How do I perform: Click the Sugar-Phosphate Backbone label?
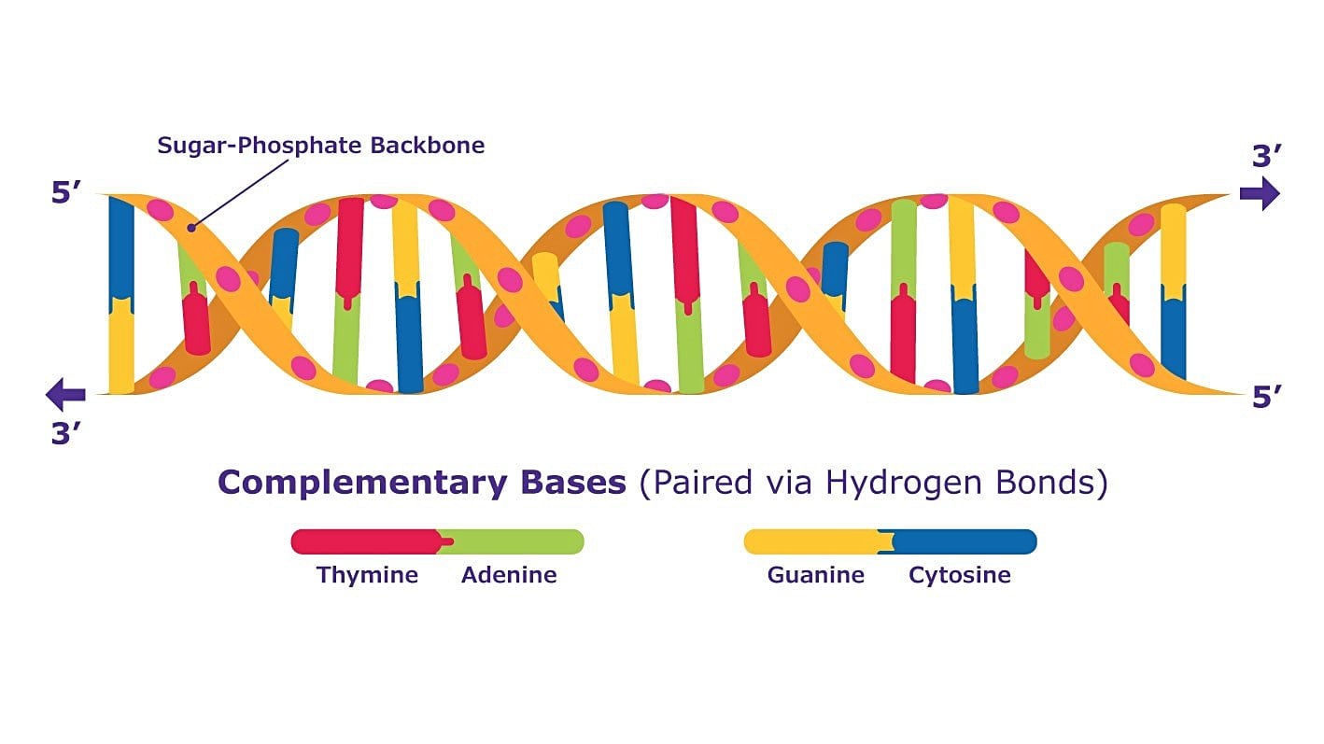321,146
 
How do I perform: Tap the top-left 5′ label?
65,192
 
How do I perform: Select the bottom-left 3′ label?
65,433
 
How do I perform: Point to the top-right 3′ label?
1267,156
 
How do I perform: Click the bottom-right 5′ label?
1267,397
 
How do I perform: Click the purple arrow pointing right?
1260,193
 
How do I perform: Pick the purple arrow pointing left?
65,394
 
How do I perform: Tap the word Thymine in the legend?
367,575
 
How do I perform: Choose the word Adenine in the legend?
509,575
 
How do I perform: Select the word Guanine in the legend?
816,575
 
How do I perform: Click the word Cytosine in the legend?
959,575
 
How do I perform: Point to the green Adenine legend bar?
513,541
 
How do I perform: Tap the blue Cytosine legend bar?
961,541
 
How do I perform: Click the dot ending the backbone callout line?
190,228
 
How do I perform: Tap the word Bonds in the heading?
1045,483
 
